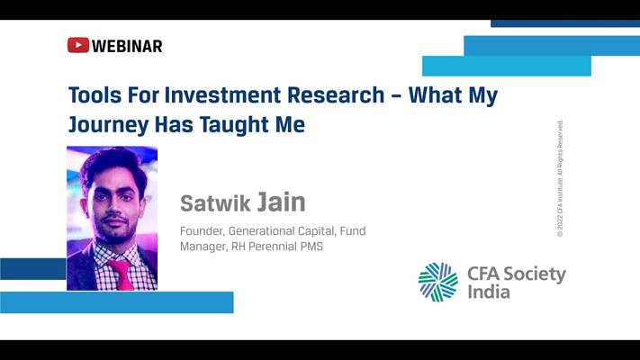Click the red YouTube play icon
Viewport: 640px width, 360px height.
(78, 45)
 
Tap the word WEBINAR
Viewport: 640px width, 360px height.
(127, 46)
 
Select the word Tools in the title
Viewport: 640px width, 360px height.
(95, 95)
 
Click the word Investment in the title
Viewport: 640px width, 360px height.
(222, 95)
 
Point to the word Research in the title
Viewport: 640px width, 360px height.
(336, 95)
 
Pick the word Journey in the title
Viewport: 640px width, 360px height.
(108, 125)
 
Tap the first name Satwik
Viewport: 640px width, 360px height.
(215, 203)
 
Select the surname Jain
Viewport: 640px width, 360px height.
(281, 202)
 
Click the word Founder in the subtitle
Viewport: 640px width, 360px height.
(202, 231)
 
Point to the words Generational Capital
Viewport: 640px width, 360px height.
(282, 231)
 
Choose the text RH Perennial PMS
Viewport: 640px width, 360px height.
(277, 247)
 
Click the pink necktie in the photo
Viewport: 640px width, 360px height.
(122, 274)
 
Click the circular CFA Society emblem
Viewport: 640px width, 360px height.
(438, 282)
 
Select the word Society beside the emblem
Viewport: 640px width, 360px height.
(535, 274)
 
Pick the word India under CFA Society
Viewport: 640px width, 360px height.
(489, 292)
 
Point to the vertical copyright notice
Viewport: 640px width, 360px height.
(560, 178)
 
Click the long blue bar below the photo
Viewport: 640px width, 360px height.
(117, 302)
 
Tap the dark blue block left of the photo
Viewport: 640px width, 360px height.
(33, 269)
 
